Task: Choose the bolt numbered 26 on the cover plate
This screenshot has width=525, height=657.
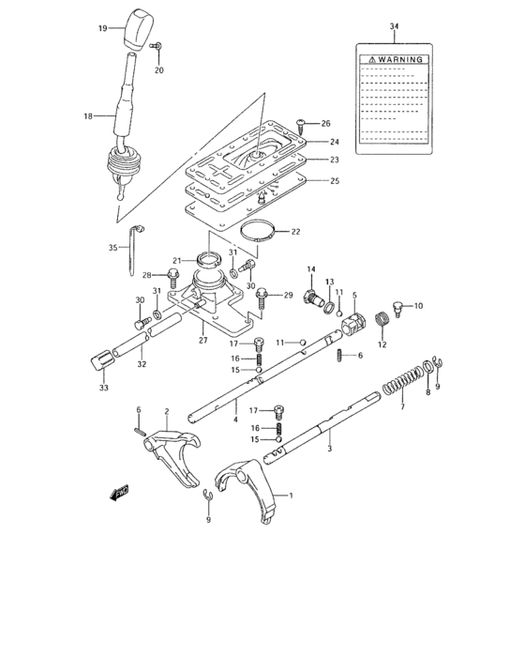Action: point(299,122)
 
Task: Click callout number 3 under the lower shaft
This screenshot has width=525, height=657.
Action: point(328,448)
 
